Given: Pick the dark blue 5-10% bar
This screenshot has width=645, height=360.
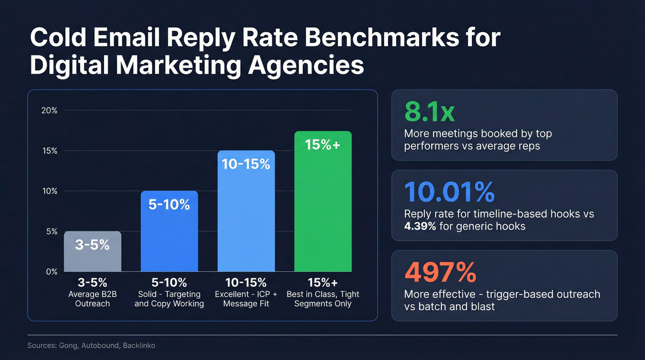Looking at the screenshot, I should [x=169, y=231].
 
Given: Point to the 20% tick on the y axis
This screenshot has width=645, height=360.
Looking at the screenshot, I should [x=49, y=110].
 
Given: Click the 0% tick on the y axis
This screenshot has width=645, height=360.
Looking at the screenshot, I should [x=51, y=271].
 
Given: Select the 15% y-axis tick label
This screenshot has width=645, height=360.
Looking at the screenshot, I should [x=49, y=151].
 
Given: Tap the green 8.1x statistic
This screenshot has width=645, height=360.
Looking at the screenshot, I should [x=429, y=112].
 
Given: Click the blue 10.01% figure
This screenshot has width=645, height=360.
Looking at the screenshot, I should [x=450, y=192].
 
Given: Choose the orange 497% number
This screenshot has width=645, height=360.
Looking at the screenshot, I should [x=440, y=272].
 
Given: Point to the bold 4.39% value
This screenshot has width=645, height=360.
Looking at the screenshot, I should [x=420, y=226].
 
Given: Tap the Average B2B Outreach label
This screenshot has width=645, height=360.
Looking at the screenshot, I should [x=93, y=299].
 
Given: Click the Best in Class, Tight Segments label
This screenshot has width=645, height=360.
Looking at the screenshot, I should [x=322, y=299].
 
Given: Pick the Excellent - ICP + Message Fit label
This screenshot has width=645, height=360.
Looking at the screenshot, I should [x=246, y=299].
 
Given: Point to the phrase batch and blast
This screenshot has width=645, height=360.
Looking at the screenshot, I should [x=456, y=307].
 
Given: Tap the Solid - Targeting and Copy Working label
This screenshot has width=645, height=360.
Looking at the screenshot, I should [x=169, y=299].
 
